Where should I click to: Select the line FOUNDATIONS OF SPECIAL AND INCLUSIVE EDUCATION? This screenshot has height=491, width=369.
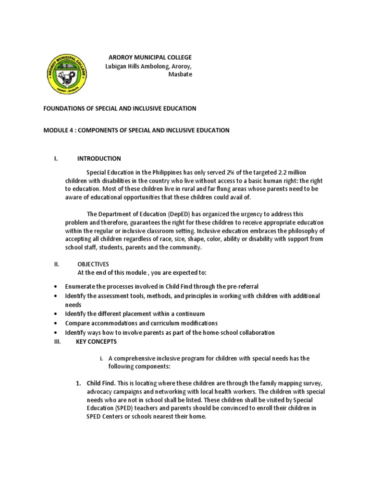point(120,108)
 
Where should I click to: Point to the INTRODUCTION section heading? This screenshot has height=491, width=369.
point(99,159)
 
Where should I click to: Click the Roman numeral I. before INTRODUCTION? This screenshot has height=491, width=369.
point(56,159)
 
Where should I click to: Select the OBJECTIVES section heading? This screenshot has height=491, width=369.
point(93,264)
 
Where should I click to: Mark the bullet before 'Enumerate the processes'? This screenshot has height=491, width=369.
point(57,287)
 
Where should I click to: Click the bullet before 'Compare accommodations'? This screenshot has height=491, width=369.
point(57,323)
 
